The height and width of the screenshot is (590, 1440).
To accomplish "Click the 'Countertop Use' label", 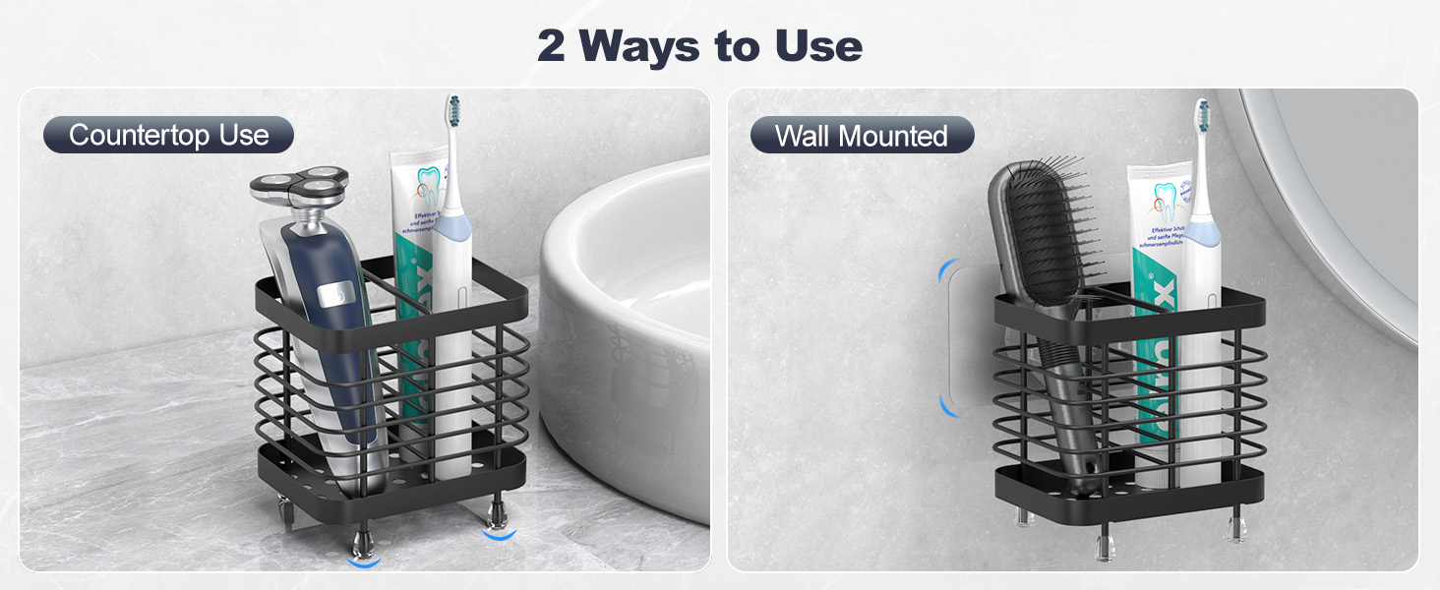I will click(x=168, y=135).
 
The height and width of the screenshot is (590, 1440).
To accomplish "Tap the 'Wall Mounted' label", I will click(x=861, y=135).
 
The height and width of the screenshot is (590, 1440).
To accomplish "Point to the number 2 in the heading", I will click(x=551, y=46).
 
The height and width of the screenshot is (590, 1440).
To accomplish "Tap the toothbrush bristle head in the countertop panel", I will click(x=453, y=116).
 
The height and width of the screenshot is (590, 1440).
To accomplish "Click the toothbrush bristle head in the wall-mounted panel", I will click(x=1201, y=120).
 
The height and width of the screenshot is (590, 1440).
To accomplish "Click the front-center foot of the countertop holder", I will click(x=363, y=544).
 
